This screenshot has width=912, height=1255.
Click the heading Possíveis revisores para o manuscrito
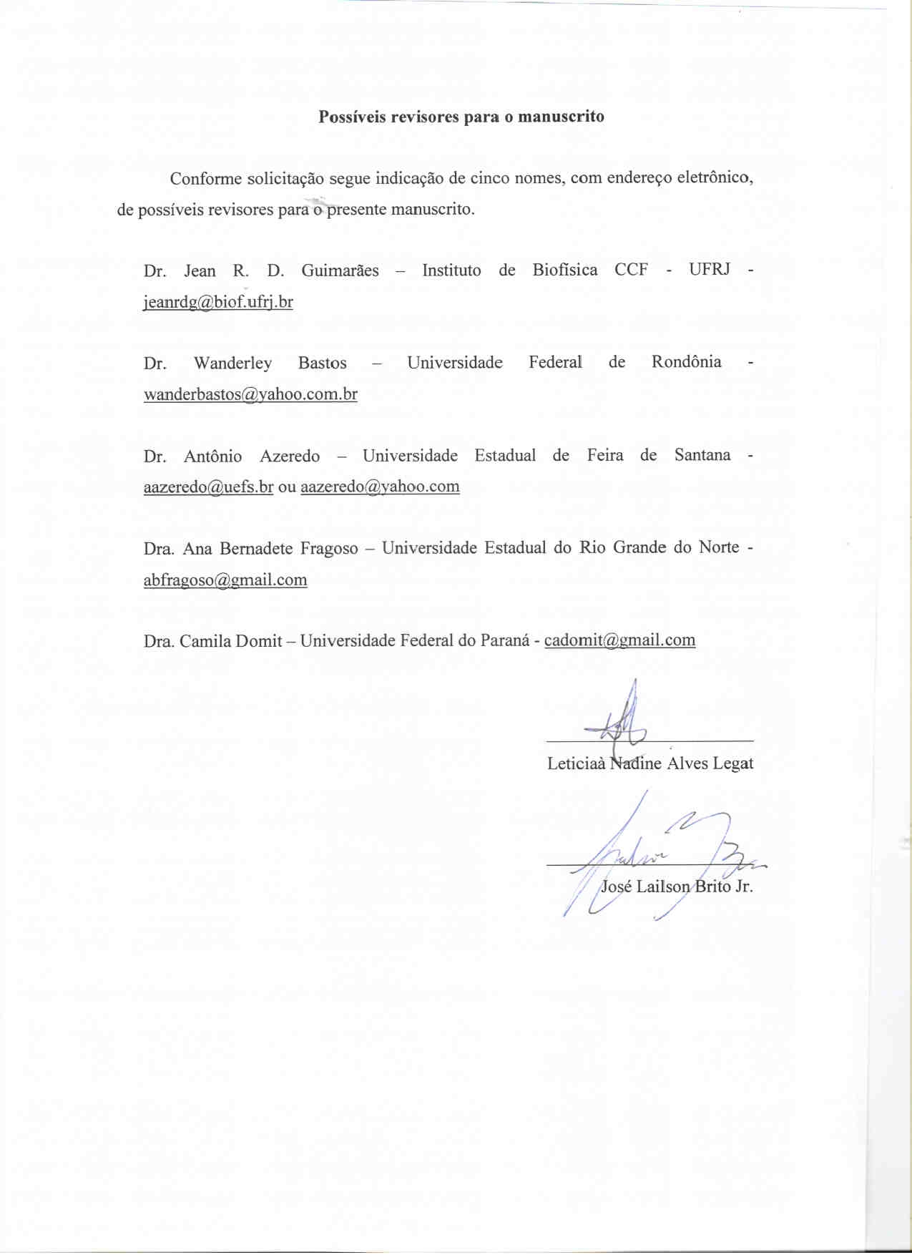tap(461, 117)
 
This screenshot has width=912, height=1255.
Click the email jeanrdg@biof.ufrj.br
tap(218, 302)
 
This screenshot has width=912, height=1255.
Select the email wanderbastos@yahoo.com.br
tap(250, 394)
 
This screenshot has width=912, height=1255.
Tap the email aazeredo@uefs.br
tap(208, 487)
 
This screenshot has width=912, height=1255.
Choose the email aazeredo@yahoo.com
tap(380, 487)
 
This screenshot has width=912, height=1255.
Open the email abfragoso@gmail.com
tap(225, 580)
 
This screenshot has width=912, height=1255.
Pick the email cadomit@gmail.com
tap(619, 640)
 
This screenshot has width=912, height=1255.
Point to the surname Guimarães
tap(340, 270)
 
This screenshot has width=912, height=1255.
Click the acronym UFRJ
tap(710, 270)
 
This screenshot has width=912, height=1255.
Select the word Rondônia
tap(686, 362)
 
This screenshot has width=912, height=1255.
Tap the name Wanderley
tap(232, 363)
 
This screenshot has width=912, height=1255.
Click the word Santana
tap(702, 455)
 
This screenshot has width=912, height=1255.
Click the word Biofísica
tap(564, 270)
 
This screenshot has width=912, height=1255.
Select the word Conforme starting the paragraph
tap(205, 179)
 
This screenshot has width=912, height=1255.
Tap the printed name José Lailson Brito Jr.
tap(677, 887)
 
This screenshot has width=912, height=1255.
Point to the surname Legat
tap(732, 764)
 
